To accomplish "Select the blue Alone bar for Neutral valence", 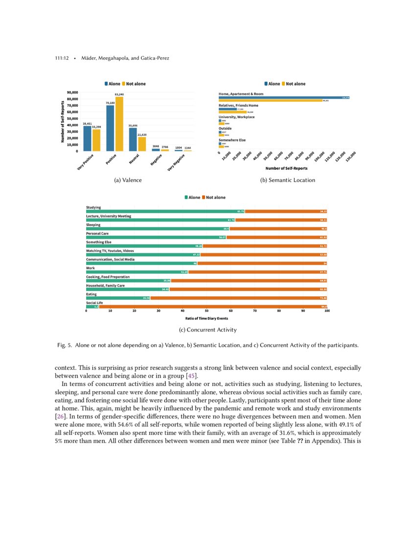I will point(133,139).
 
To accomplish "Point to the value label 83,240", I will point(119,94).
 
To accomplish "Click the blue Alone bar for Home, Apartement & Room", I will point(283,97).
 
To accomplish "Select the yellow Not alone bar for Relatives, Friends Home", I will point(232,112).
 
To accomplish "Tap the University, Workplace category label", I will point(236,117).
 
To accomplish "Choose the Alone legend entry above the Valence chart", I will point(112,84).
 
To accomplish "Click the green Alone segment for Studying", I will point(165,211).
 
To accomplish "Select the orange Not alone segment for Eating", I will point(238,298).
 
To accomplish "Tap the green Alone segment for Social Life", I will point(92,307).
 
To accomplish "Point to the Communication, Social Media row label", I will point(110,259).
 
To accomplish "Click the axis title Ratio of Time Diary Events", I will point(207,318).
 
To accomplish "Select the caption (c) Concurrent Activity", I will point(208,330).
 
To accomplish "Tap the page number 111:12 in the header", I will point(61,59).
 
